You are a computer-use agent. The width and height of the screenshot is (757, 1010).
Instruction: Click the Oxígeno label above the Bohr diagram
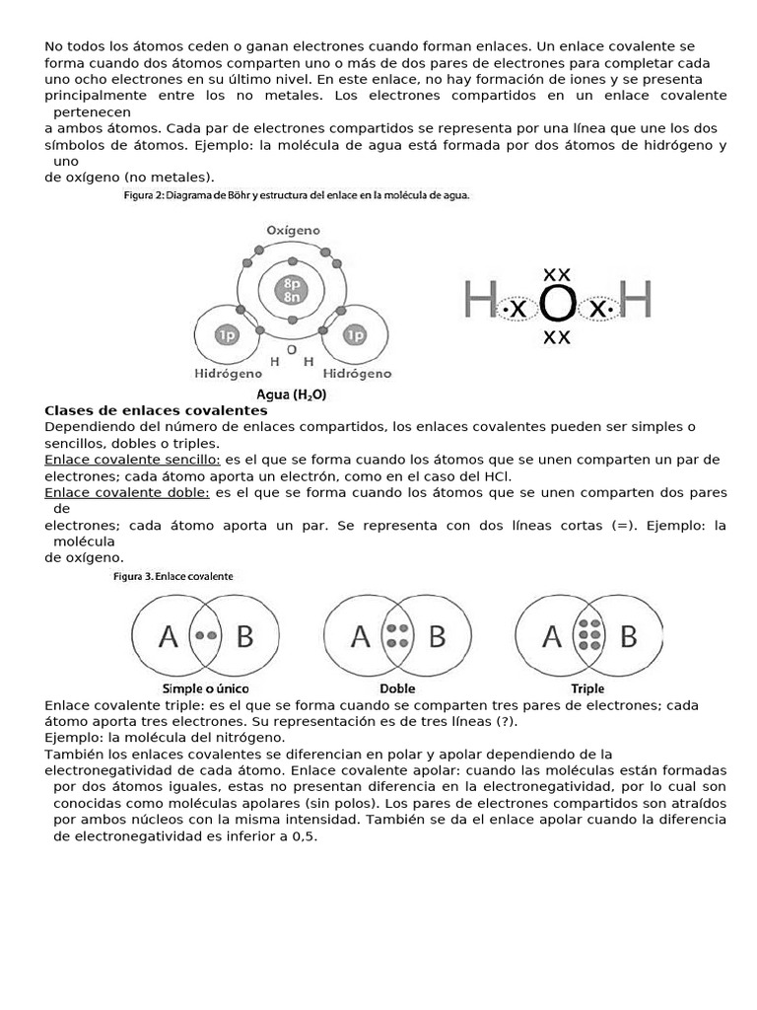tap(293, 230)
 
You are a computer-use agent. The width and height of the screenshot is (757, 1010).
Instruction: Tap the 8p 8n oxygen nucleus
tap(293, 289)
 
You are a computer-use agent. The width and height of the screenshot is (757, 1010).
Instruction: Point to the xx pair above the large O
tap(557, 273)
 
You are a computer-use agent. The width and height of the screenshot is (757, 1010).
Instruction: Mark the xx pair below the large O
tap(557, 338)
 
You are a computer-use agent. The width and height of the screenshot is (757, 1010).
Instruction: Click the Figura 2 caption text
tap(297, 196)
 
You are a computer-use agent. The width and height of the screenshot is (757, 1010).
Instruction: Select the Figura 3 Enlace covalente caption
tap(178, 576)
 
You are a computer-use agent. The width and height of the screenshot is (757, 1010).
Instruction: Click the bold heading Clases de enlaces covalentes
tap(156, 410)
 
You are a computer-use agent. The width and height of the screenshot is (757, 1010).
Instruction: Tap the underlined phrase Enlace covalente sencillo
tap(133, 460)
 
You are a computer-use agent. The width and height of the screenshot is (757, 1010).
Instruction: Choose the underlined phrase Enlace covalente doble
tap(127, 492)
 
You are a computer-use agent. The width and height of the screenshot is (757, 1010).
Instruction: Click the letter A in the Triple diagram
tap(552, 638)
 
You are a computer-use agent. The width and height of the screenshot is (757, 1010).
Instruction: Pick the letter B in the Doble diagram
tap(437, 638)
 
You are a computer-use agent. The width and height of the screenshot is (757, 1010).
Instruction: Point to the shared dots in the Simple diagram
tap(206, 636)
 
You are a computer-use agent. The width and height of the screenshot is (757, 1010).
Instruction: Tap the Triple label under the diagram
tap(587, 688)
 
